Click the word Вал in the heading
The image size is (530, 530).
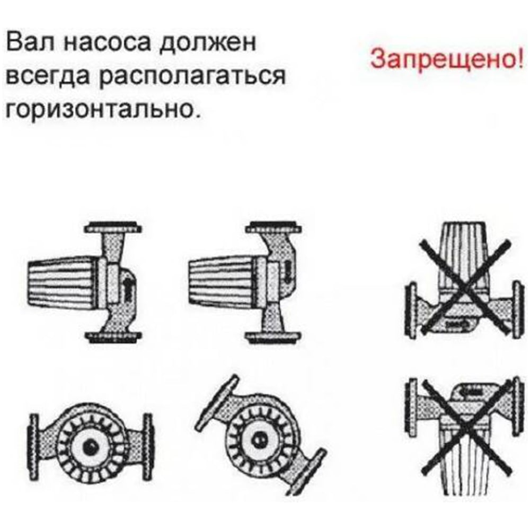30,42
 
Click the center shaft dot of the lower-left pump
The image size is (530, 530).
90,448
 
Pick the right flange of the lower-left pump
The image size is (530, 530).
148,446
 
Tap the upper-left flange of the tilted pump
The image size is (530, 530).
216,401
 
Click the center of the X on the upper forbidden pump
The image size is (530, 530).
464,287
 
